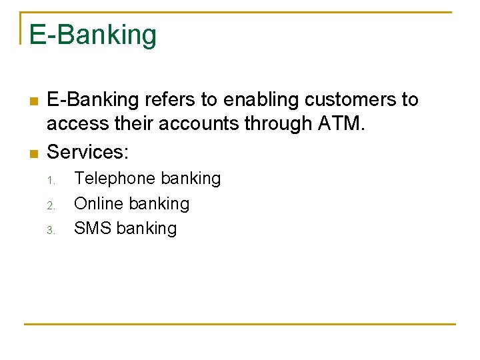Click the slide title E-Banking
[x=93, y=35]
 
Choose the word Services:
[x=87, y=152]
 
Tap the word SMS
[x=93, y=228]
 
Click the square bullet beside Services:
[x=32, y=153]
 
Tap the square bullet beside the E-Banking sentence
[x=32, y=101]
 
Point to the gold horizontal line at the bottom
[x=240, y=324]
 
